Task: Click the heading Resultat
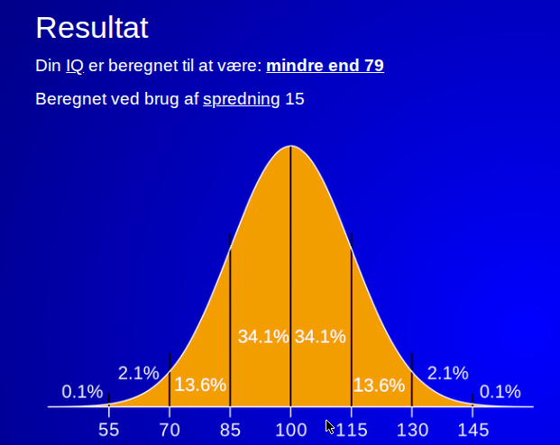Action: pyautogui.click(x=92, y=28)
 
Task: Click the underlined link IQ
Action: pyautogui.click(x=75, y=66)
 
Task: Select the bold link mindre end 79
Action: pyautogui.click(x=325, y=65)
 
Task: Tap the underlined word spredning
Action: pyautogui.click(x=242, y=99)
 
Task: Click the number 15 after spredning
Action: pyautogui.click(x=295, y=99)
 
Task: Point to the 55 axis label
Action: pyautogui.click(x=108, y=430)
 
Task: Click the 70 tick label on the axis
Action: pyautogui.click(x=170, y=430)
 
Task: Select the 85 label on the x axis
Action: pyautogui.click(x=230, y=430)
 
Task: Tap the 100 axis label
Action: pyautogui.click(x=291, y=430)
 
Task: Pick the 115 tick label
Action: pyautogui.click(x=352, y=430)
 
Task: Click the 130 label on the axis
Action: pyautogui.click(x=412, y=430)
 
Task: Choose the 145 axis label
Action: pyautogui.click(x=473, y=430)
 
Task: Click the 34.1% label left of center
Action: pyautogui.click(x=263, y=337)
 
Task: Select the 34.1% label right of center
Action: pyautogui.click(x=320, y=337)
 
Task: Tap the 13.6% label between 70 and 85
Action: pyautogui.click(x=200, y=385)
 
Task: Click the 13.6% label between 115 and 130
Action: pyautogui.click(x=379, y=386)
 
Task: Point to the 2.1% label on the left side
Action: pyautogui.click(x=139, y=373)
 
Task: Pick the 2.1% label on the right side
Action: pyautogui.click(x=448, y=373)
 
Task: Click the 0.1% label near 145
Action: pyautogui.click(x=500, y=392)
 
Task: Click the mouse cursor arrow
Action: pyautogui.click(x=329, y=426)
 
